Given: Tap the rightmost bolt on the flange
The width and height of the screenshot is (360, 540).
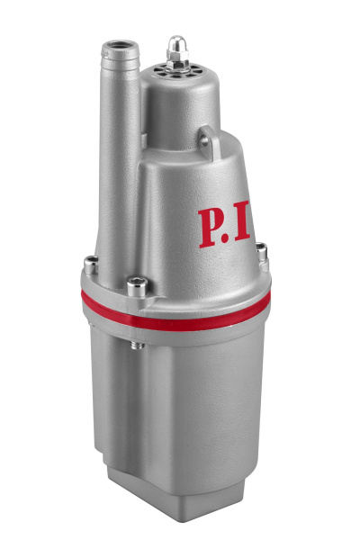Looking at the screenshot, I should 262,257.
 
